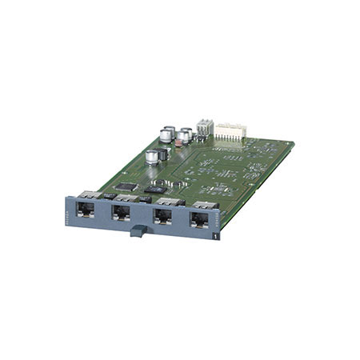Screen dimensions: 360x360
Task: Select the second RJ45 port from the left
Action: click(122, 214)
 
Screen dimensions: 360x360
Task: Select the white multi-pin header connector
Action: click(230, 131)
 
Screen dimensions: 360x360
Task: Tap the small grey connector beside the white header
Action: click(205, 127)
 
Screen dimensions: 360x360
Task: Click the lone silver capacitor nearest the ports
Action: click(152, 157)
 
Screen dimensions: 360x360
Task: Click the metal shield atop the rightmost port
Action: click(206, 206)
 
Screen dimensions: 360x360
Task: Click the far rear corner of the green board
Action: click(293, 144)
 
